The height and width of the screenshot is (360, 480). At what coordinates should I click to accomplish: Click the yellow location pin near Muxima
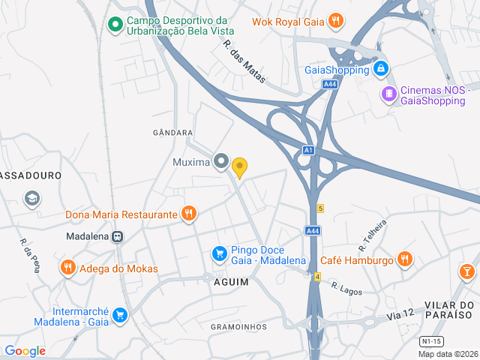[x=239, y=167]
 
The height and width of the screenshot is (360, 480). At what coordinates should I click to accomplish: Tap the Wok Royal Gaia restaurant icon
[x=337, y=21]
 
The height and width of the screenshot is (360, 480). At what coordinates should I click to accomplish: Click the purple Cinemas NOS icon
[x=388, y=94]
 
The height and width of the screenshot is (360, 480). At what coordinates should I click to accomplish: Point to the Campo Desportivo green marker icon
[x=115, y=25]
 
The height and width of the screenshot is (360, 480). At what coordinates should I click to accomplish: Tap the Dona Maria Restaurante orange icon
[x=189, y=214]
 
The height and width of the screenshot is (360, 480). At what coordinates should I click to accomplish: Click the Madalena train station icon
[x=118, y=235]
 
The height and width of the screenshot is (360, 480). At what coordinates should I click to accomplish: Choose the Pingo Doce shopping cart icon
[x=219, y=254]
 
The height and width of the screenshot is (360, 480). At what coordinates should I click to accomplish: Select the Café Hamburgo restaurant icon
[x=405, y=260]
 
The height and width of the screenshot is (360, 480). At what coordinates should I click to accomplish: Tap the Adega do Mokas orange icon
[x=68, y=268]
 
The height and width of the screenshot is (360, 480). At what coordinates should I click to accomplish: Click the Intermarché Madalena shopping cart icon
[x=120, y=316]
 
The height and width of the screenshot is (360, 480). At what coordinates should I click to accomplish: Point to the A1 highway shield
[x=308, y=150]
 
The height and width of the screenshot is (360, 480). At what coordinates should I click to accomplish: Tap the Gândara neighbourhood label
[x=172, y=133]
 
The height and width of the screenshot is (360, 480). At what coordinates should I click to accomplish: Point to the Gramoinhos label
[x=238, y=327]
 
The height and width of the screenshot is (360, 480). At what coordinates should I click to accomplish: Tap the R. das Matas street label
[x=244, y=61]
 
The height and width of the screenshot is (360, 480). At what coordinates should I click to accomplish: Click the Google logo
[x=25, y=351]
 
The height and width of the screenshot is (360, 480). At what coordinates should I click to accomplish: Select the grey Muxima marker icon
[x=220, y=161]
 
